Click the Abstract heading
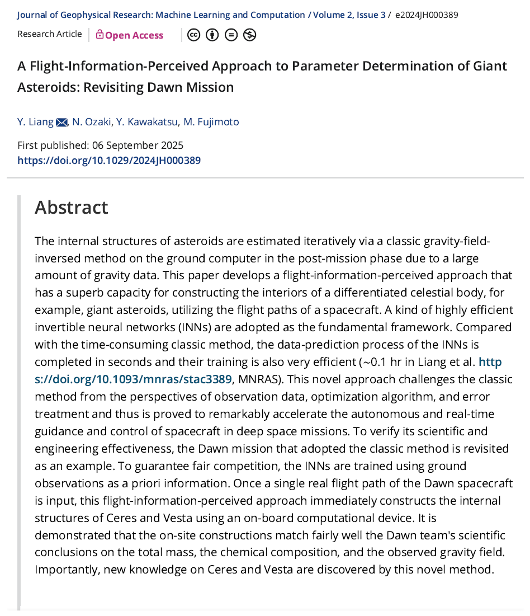coord(71,208)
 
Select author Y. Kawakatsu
coord(148,121)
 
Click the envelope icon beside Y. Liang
coord(61,122)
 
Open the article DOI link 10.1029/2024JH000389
coord(109,161)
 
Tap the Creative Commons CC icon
coord(193,35)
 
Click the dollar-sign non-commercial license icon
coord(249,35)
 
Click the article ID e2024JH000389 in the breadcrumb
coord(427,15)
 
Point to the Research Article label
coord(49,34)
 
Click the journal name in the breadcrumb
coord(161,15)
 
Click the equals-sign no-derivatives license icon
coord(231,35)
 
